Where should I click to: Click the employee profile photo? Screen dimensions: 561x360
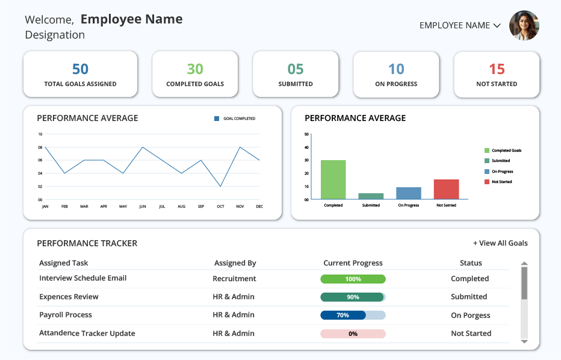point(524,25)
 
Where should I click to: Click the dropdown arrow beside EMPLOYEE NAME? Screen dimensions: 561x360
point(497,25)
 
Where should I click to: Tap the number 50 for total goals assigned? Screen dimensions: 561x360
point(80,69)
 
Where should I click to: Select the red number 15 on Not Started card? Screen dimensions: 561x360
point(497,69)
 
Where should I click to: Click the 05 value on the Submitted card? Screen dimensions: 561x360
point(296,69)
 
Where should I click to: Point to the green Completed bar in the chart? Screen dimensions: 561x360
point(333,179)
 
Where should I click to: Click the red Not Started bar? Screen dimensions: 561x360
point(446,189)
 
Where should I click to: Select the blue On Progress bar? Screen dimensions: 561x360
point(409,193)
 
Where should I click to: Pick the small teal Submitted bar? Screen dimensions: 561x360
point(371,196)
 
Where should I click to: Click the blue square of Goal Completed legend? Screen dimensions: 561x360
point(217,119)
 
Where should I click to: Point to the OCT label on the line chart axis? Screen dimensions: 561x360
point(220,206)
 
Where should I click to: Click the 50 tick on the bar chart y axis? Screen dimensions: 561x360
point(306,134)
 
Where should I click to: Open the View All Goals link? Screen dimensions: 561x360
point(500,243)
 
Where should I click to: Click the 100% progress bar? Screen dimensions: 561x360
point(353,279)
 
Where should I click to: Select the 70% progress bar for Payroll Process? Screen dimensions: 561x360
point(353,315)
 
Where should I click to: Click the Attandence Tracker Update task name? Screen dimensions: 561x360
point(87,333)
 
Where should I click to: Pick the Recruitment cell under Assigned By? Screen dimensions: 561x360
point(234,278)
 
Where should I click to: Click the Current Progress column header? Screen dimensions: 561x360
point(353,263)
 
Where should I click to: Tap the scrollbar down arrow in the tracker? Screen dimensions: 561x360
point(524,342)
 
